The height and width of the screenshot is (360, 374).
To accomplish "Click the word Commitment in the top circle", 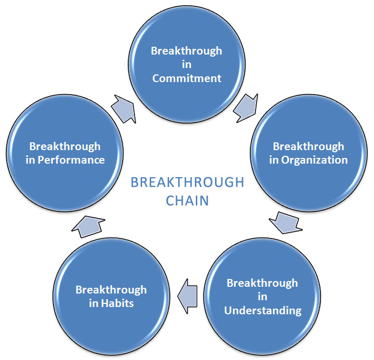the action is (x=187, y=78).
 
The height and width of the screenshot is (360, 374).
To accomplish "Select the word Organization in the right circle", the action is (x=314, y=161).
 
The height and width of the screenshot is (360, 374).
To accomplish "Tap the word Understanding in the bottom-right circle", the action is (x=263, y=310).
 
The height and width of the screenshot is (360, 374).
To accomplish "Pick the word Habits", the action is (x=117, y=303).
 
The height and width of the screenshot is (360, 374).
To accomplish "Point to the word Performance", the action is (x=71, y=160).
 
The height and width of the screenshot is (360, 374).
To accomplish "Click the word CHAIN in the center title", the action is (x=187, y=201).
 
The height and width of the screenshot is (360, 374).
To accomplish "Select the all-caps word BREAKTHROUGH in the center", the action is (x=187, y=182).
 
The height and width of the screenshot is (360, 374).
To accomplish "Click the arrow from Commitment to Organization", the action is (x=246, y=108).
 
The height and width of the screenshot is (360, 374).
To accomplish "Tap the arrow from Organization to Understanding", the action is (x=285, y=223).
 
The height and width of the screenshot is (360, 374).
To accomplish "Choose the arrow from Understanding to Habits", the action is (x=187, y=296).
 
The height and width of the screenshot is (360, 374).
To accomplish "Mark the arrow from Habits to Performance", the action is (x=88, y=226).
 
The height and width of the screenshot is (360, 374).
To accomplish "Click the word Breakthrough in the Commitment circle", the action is (x=186, y=51).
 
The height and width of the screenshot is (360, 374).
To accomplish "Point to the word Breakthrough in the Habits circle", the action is (x=111, y=290).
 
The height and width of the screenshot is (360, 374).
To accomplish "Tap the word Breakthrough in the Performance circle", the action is (x=65, y=146).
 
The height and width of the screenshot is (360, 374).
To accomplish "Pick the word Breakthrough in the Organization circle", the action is (x=309, y=146).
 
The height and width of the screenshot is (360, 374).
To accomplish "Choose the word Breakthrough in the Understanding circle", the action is (x=262, y=283).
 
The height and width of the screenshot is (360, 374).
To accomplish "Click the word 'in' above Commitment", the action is (x=186, y=64).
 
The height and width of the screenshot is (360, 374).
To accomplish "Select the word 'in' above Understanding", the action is (x=262, y=297).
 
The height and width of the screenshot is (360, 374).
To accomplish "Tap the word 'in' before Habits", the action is (x=94, y=303).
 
